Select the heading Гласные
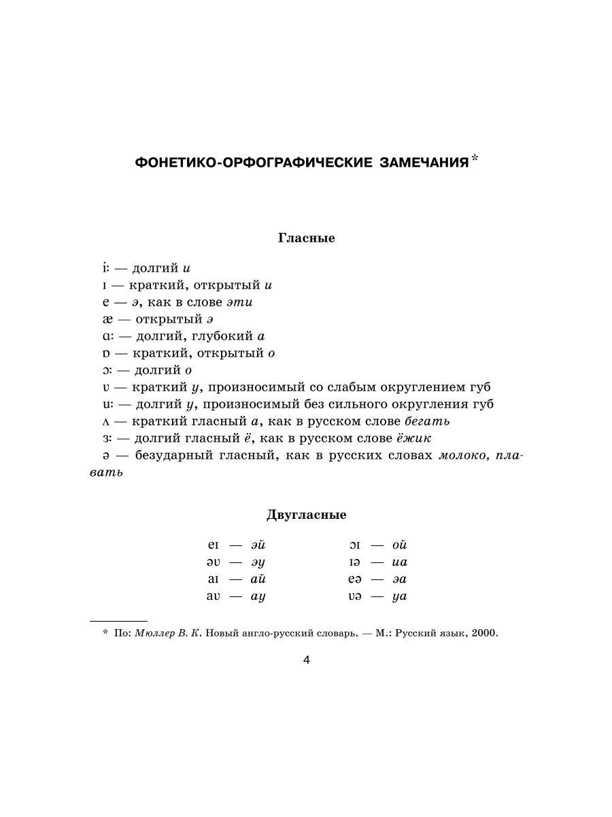coord(306,238)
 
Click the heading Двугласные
coord(306,515)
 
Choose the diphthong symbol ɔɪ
coord(356,545)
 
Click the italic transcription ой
coord(400,545)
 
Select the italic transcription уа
coord(400,596)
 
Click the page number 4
coord(306,660)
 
